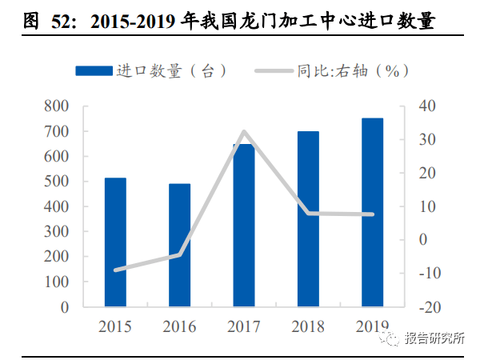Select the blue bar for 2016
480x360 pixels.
coord(179,246)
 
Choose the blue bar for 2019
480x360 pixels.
coord(372,213)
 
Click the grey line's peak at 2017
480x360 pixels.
coord(243,131)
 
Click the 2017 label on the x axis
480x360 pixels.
coord(243,326)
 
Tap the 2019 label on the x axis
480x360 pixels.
coord(372,326)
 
